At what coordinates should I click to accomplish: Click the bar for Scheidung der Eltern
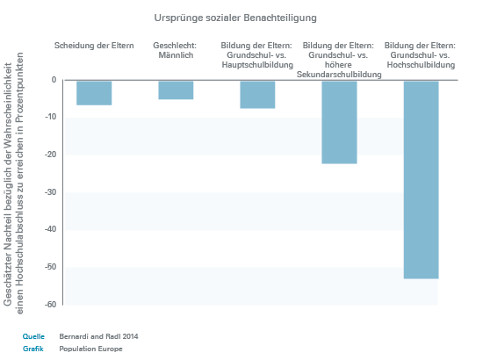pos(94,93)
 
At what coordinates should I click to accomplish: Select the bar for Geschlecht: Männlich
pos(176,90)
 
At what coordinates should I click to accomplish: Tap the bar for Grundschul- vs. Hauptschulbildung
pos(257,95)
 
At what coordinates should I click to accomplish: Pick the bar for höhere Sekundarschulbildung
pos(339,122)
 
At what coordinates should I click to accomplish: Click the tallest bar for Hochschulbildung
pos(421,180)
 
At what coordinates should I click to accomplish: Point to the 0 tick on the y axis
pos(54,80)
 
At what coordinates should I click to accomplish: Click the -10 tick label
pos(51,117)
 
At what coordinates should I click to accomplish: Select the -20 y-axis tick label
pos(51,155)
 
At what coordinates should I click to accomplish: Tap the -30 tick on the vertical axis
pos(51,192)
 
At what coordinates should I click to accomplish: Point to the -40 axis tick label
pos(51,229)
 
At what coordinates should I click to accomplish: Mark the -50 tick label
pos(51,267)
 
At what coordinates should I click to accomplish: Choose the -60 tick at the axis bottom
pos(51,305)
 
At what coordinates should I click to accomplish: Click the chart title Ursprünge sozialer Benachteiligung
pos(235,18)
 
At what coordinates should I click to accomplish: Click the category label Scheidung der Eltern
pos(94,46)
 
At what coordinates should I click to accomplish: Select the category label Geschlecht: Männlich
pos(175,50)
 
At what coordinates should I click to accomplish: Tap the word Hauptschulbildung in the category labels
pos(257,65)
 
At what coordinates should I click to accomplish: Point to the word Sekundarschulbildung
pos(339,75)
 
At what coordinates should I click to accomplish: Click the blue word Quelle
pos(33,336)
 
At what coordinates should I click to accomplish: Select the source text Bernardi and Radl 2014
pos(98,336)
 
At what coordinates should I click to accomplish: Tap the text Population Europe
pos(90,349)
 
